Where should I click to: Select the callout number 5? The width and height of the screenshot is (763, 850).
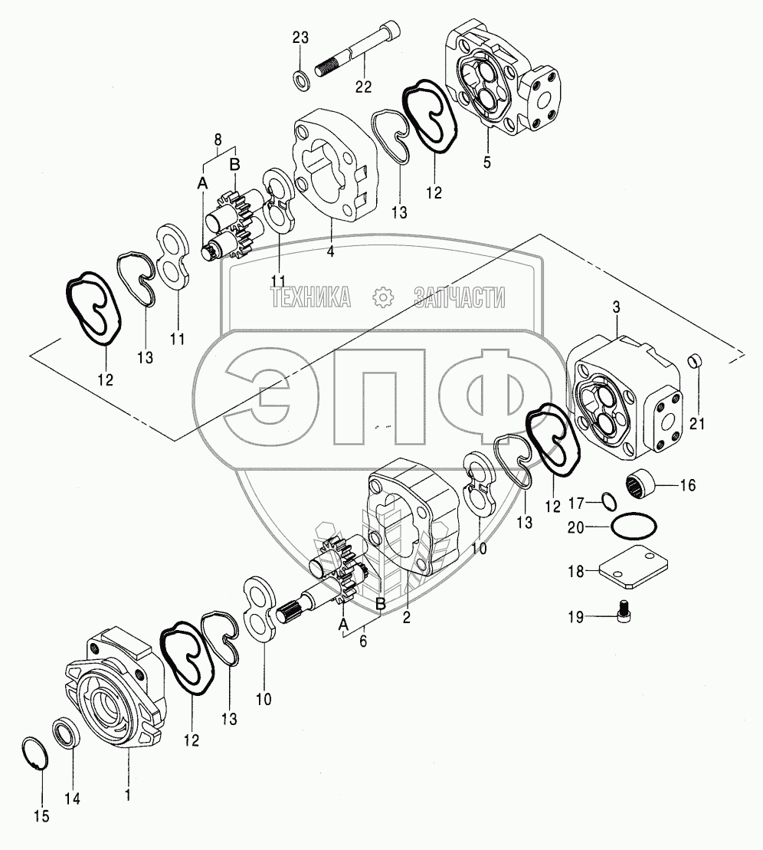486,162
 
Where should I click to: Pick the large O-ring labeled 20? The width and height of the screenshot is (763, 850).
634,527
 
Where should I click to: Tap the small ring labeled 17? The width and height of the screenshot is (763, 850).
609,502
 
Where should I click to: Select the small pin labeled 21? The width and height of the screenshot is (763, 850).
694,359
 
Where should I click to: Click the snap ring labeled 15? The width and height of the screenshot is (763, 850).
38,753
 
